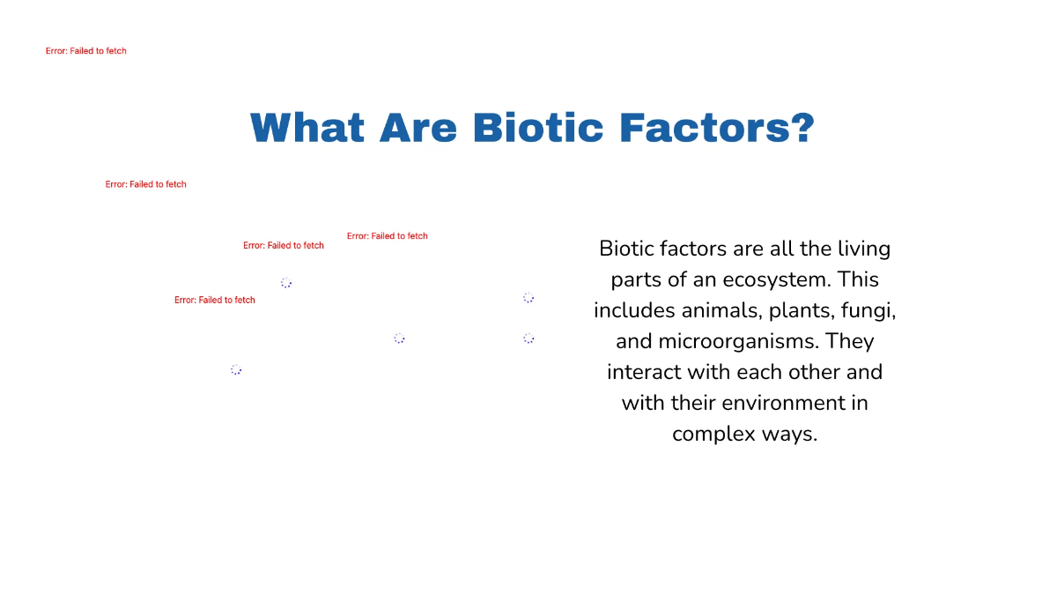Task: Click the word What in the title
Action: click(x=307, y=128)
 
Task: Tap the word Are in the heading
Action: click(x=418, y=128)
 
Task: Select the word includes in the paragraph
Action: click(x=632, y=310)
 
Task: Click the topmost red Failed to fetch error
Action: click(x=86, y=51)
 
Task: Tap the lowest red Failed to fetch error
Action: click(x=215, y=301)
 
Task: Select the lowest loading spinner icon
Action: click(x=236, y=370)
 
